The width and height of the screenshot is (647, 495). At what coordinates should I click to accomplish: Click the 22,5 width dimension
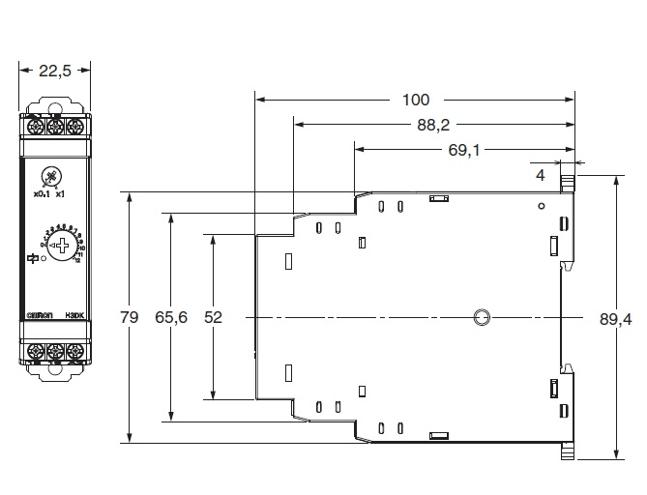(55, 70)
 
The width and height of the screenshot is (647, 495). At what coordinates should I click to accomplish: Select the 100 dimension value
(416, 99)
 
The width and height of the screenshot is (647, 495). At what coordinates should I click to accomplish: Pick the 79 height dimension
(129, 317)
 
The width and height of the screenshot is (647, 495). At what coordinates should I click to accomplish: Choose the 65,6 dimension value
(171, 317)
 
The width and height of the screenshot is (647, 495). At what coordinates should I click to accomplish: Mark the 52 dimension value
(213, 317)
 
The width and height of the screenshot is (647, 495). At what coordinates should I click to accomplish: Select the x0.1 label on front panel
(40, 195)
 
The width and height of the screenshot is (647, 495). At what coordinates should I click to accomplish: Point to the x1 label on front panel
(61, 195)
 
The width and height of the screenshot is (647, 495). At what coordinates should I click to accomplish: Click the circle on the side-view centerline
(480, 317)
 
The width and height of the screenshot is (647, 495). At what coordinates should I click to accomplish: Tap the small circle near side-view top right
(541, 206)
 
